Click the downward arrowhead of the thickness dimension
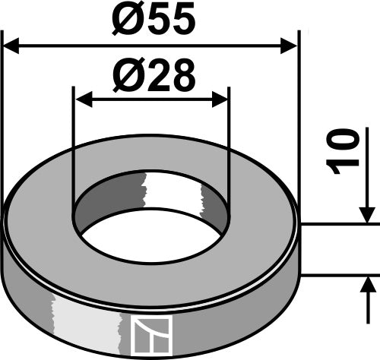368,216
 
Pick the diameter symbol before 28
126,76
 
